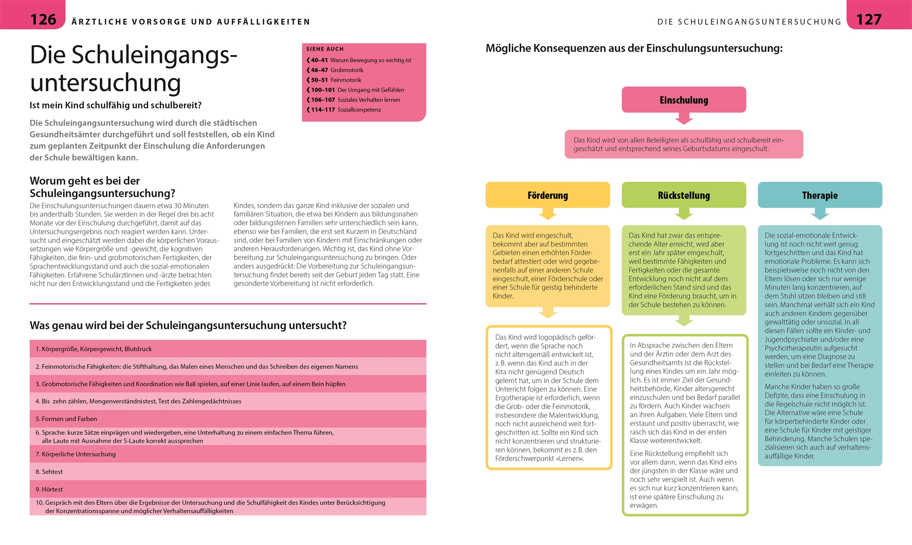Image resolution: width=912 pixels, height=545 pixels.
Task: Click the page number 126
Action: click(43, 20)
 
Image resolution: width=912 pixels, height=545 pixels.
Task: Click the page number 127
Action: click(869, 20)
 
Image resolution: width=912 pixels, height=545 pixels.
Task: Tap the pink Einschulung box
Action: click(683, 100)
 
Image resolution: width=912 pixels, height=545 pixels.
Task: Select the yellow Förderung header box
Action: click(548, 195)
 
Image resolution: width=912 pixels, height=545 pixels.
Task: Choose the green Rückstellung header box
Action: click(683, 195)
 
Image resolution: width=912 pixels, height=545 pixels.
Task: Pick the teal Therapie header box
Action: click(820, 195)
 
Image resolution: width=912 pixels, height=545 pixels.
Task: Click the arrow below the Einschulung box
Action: click(684, 119)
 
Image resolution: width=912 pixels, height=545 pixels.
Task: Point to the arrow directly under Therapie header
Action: click(820, 214)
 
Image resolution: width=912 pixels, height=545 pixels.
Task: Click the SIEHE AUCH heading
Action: click(325, 49)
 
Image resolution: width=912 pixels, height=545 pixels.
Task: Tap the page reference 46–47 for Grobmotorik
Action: click(319, 70)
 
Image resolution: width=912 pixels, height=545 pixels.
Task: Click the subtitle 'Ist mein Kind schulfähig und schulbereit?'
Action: click(115, 105)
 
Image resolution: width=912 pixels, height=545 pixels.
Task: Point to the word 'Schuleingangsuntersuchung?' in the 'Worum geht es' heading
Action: click(102, 193)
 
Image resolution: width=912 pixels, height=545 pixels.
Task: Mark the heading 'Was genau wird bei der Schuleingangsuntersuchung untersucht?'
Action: click(188, 325)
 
